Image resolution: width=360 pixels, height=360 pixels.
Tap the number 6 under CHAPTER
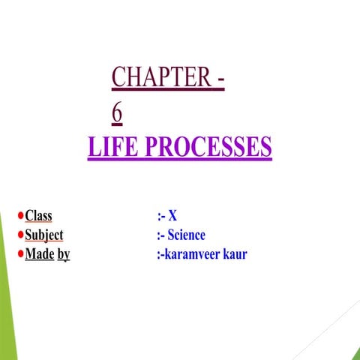(116, 112)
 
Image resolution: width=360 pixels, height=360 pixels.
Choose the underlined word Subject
(44, 235)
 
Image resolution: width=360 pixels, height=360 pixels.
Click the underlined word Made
(40, 254)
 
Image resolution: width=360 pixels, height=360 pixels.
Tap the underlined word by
(64, 255)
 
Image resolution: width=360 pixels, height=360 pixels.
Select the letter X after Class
(173, 216)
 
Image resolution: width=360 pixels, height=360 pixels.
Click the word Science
(187, 235)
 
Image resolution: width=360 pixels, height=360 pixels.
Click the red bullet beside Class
(20, 216)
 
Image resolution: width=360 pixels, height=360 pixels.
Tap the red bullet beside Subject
(20, 235)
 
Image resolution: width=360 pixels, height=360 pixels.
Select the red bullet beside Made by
(20, 254)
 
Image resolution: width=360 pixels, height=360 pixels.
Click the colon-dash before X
(161, 216)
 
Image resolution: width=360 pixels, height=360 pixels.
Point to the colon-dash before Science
(161, 235)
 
